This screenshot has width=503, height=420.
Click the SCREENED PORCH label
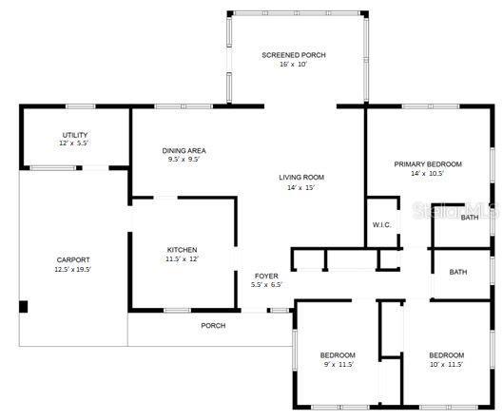pyautogui.click(x=294, y=55)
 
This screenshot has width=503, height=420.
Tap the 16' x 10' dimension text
pyautogui.click(x=293, y=64)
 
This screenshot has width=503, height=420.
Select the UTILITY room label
pyautogui.click(x=75, y=135)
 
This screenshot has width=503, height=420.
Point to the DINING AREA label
pyautogui.click(x=184, y=151)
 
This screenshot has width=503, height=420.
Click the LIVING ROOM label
pyautogui.click(x=301, y=178)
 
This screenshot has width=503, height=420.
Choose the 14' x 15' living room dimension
pyautogui.click(x=300, y=187)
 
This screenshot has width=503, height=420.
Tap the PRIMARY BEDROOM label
pyautogui.click(x=428, y=164)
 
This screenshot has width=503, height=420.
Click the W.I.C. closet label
pyautogui.click(x=381, y=225)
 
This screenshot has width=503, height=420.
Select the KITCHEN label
pyautogui.click(x=182, y=250)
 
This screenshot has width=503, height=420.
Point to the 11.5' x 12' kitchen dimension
pyautogui.click(x=182, y=258)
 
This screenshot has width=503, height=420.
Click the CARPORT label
pyautogui.click(x=73, y=260)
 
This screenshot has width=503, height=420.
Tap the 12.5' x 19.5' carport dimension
pyautogui.click(x=73, y=269)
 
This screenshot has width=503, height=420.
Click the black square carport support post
pyautogui.click(x=23, y=307)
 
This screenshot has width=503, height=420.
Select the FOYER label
pyautogui.click(x=266, y=276)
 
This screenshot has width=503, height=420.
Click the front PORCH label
pyautogui.click(x=213, y=326)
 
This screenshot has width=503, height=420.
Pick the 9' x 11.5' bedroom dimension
pyautogui.click(x=338, y=365)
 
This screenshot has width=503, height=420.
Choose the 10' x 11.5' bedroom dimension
pyautogui.click(x=446, y=365)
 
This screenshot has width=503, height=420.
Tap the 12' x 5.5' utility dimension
pyautogui.click(x=73, y=143)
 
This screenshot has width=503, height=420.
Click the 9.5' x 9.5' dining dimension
pyautogui.click(x=184, y=160)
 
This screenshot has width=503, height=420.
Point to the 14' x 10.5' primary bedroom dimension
pyautogui.click(x=427, y=174)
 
